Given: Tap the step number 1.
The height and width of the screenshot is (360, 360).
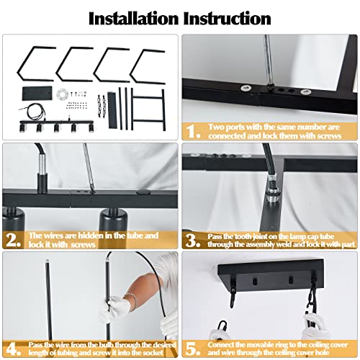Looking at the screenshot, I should (x=192, y=130).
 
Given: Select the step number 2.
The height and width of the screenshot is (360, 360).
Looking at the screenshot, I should (x=12, y=235).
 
